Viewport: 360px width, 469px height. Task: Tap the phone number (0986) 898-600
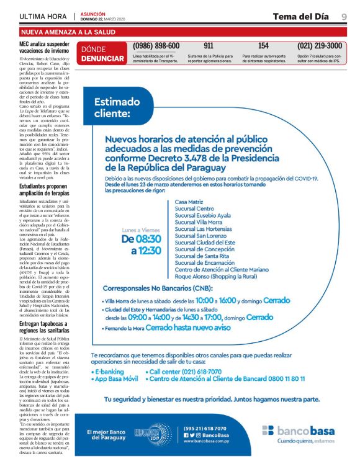(156, 46)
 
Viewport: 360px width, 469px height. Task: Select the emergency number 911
(209, 46)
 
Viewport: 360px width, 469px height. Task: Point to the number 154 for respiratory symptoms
(263, 46)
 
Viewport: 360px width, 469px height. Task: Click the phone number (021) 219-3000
(319, 46)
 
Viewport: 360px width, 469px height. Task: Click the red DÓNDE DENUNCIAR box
(102, 54)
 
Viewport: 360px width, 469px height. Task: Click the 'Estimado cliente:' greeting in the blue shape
(112, 108)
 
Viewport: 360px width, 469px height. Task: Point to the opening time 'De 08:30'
(141, 238)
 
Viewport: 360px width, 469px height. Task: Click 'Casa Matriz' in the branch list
(189, 202)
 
